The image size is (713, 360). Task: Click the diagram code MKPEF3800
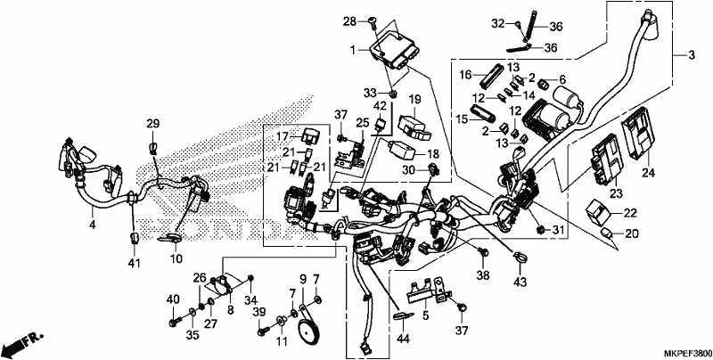(x=687, y=353)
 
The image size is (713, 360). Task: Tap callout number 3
(x=692, y=55)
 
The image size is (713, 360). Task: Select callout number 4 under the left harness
(x=93, y=224)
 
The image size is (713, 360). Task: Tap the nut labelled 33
(x=394, y=94)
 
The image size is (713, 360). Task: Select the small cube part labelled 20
(x=607, y=233)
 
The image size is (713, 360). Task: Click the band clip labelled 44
(x=403, y=315)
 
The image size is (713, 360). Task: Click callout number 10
(x=176, y=259)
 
